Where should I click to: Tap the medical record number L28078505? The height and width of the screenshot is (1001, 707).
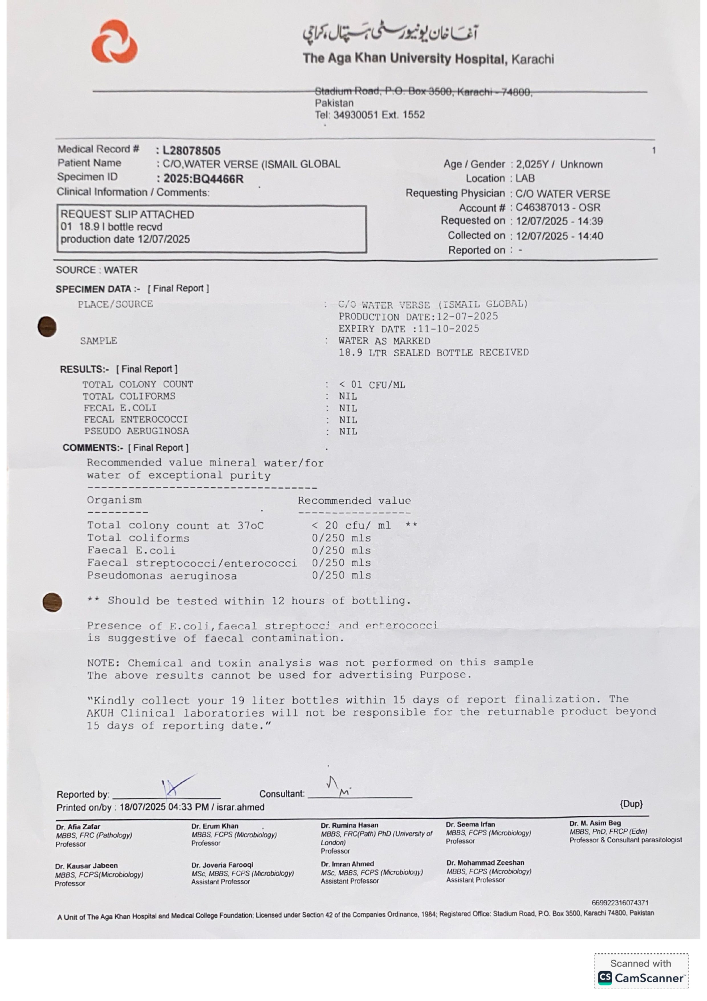coord(191,151)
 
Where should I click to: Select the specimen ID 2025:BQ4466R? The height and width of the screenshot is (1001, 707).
coord(204,179)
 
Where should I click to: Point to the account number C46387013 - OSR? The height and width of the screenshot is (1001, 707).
coord(558,207)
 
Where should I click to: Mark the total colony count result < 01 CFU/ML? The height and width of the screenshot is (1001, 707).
coord(372,385)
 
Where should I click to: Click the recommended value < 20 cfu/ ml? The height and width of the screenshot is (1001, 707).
coord(351,525)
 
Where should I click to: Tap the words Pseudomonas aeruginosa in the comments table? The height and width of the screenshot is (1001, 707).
coord(162,576)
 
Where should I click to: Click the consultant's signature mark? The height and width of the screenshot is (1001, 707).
coord(338,786)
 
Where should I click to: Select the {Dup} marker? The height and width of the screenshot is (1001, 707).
coord(631,804)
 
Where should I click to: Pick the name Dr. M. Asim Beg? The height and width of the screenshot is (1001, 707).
coord(595,823)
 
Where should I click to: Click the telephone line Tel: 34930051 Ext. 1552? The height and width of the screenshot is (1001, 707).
coord(369,115)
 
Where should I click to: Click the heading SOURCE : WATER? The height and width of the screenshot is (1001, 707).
coord(97,270)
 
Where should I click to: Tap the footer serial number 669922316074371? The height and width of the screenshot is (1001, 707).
coord(619,903)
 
